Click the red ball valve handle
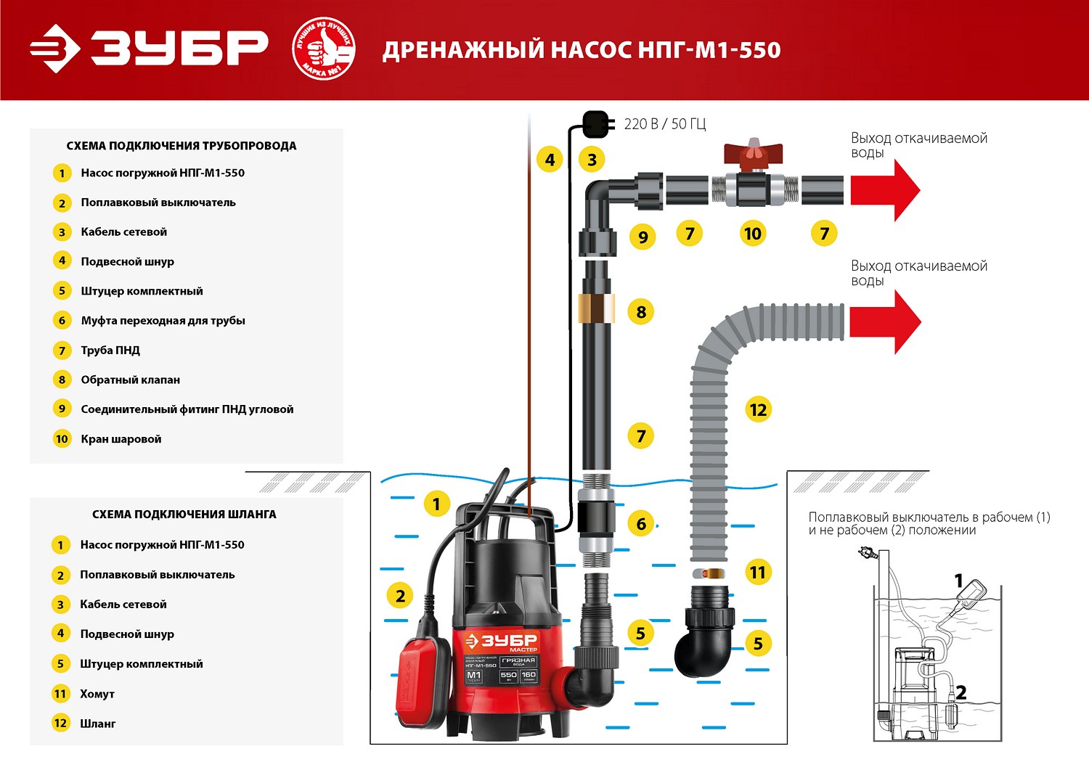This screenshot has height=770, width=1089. (x=753, y=153)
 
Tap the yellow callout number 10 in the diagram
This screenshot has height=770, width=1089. (x=752, y=234)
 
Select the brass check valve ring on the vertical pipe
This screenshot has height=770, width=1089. (x=596, y=308)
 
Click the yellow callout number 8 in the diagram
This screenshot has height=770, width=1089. (x=641, y=312)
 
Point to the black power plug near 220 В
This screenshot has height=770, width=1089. (x=595, y=123)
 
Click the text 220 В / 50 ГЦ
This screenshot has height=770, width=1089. (x=664, y=124)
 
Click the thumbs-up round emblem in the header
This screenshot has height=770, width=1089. (x=323, y=49)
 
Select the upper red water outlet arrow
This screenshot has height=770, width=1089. (x=885, y=190)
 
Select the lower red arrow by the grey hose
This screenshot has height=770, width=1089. (x=885, y=321)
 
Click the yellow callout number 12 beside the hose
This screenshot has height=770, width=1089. (x=758, y=410)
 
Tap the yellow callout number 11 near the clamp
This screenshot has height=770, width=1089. (x=757, y=573)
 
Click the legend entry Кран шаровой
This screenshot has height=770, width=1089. (x=121, y=439)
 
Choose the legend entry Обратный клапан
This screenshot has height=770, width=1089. (x=130, y=380)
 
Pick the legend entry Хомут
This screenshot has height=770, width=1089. (x=97, y=694)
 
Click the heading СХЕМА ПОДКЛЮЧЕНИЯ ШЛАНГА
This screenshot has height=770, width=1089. (x=184, y=514)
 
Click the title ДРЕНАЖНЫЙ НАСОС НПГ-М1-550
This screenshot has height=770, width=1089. (x=582, y=50)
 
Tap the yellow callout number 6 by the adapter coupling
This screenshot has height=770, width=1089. (x=641, y=524)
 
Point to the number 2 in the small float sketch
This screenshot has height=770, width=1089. (x=960, y=692)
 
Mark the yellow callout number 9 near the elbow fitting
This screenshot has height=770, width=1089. (x=643, y=237)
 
